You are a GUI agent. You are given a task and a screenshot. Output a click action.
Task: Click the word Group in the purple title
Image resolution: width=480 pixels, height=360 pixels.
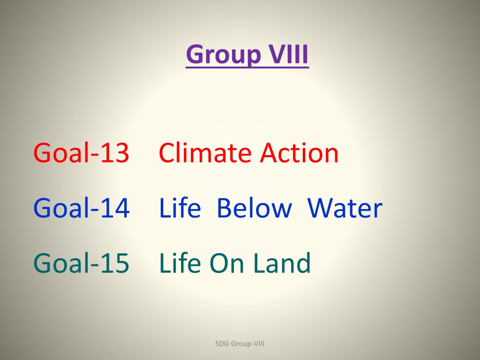coord(223,55)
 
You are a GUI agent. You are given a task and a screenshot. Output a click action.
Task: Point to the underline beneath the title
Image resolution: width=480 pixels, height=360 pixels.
coord(247,67)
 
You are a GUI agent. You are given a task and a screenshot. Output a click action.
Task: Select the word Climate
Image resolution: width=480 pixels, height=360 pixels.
coord(205,152)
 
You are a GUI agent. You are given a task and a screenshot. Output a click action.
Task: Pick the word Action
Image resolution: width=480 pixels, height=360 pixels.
coord(299,152)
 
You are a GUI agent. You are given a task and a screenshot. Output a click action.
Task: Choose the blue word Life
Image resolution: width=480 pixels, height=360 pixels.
coord(180,207)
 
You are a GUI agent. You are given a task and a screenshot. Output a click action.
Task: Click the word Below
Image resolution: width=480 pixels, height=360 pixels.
coord(254,207)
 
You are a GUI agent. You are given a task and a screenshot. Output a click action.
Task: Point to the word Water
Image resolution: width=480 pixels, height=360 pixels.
coord(345,208)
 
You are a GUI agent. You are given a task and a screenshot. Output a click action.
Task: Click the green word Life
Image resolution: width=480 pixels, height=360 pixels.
coord(180,262)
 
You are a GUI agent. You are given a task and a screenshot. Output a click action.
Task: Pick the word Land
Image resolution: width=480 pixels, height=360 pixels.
coord(282,262)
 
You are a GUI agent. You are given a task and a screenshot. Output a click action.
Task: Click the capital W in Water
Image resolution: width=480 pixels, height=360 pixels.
coord(320,208)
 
